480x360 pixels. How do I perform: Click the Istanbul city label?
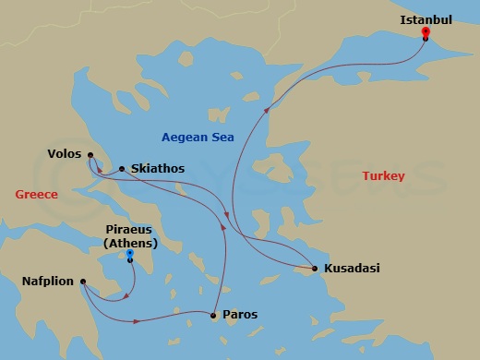click(x=426, y=18)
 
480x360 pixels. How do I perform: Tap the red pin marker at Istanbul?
click(x=426, y=32)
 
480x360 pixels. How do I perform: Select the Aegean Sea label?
click(x=198, y=137)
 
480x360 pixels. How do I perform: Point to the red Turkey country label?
click(x=383, y=175)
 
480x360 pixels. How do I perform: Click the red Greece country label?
click(x=37, y=194)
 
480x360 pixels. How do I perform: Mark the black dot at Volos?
click(x=90, y=155)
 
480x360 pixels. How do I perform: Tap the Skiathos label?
click(x=158, y=169)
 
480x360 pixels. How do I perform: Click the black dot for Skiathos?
click(x=122, y=169)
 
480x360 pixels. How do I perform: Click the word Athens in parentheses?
click(x=130, y=244)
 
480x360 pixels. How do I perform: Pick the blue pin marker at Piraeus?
click(x=130, y=253)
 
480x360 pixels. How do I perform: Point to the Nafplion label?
click(x=48, y=281)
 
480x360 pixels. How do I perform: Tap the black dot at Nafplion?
click(x=83, y=282)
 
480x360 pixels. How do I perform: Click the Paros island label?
click(x=240, y=315)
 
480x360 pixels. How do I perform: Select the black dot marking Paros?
click(x=214, y=316)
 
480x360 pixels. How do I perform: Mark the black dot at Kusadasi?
click(x=316, y=269)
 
